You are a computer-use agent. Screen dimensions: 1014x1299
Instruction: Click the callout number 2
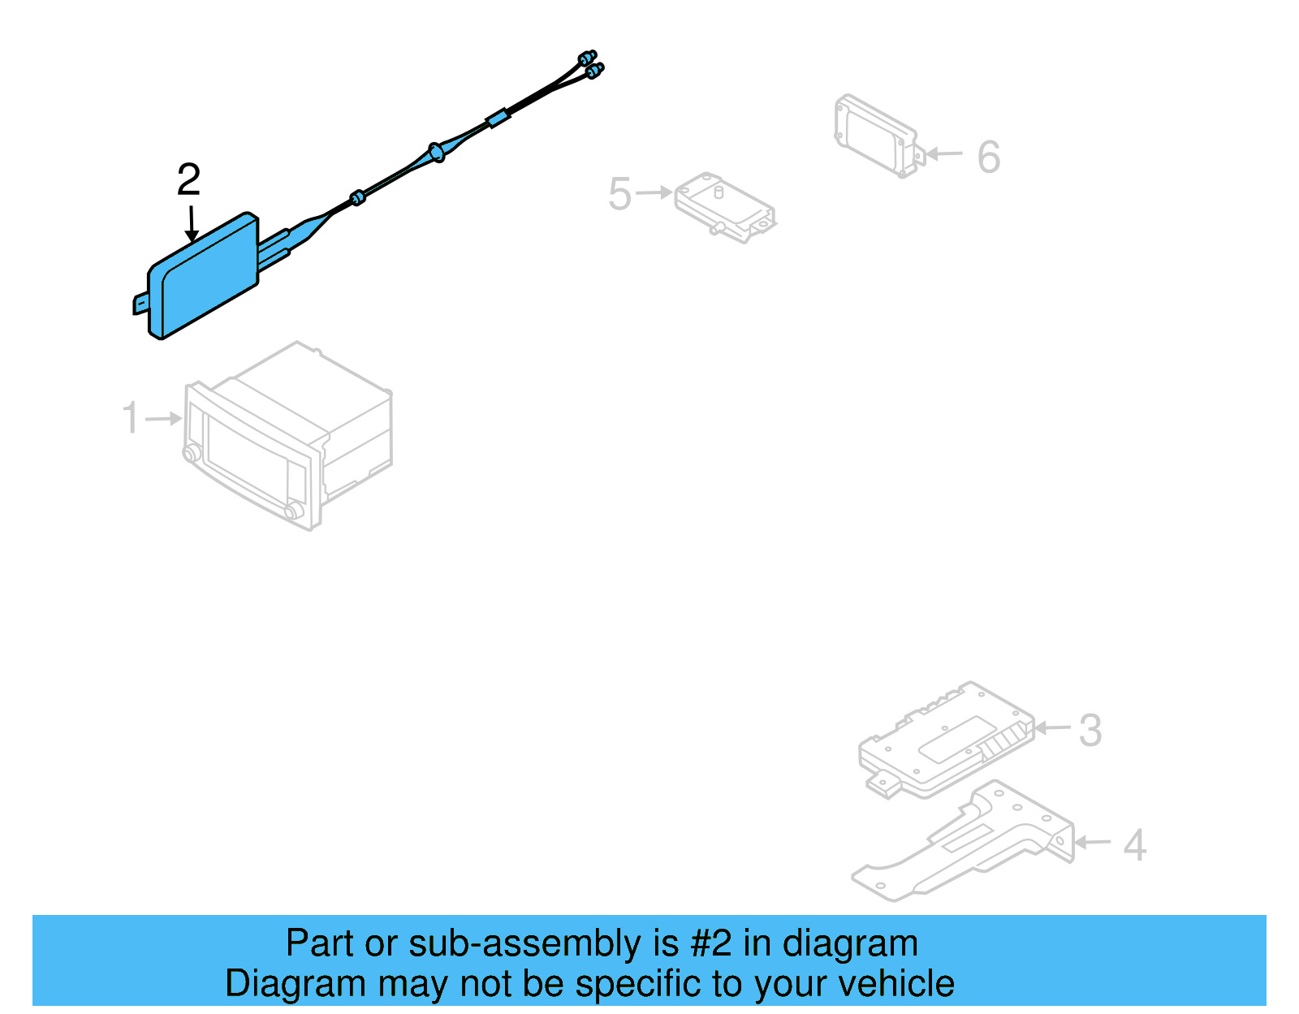188,179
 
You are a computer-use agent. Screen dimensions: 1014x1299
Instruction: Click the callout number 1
130,418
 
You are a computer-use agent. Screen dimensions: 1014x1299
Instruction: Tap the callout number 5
619,194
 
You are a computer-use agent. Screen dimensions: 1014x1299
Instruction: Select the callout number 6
988,157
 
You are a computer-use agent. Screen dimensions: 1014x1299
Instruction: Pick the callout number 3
1090,730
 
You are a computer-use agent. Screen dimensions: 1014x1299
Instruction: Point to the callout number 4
1134,845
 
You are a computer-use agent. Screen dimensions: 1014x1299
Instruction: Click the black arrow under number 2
192,223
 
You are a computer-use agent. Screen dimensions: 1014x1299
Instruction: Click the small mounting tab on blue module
140,304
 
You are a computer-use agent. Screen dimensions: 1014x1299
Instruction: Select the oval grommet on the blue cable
436,152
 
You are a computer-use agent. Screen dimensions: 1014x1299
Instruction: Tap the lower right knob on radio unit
293,510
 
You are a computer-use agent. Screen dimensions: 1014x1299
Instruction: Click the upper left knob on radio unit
192,453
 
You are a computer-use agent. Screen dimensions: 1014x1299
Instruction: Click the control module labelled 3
946,739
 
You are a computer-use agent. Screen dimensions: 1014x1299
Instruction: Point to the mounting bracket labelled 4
966,844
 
